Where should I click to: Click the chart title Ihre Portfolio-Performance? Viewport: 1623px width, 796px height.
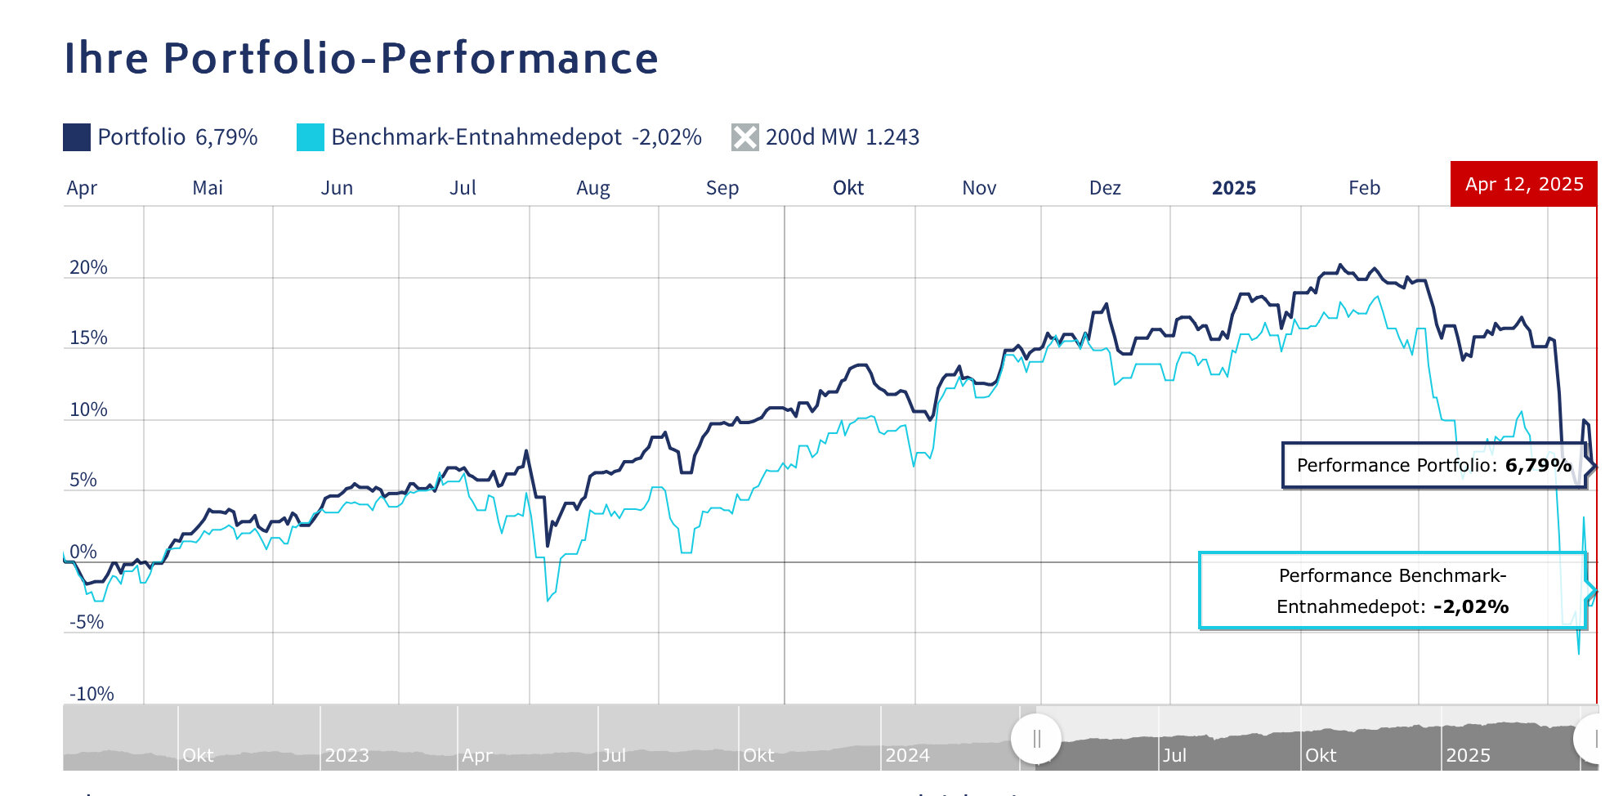360,58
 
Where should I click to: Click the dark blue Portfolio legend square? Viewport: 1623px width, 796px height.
77,137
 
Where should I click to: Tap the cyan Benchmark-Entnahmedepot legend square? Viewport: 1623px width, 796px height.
311,137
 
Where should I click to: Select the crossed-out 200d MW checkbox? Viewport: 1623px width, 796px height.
744,137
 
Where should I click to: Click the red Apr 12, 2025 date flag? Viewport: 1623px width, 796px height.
1523,184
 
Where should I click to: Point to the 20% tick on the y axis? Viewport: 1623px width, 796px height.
88,267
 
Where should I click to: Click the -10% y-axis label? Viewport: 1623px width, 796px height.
92,694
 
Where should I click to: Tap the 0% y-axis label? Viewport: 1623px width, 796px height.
83,552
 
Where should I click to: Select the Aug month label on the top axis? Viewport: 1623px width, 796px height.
592,188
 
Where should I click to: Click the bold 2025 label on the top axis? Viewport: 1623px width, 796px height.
1233,188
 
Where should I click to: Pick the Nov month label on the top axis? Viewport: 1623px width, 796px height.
979,188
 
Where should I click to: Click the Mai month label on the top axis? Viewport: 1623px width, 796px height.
208,188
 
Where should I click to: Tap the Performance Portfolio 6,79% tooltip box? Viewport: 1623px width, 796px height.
1433,466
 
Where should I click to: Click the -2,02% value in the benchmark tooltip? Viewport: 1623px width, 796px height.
1471,606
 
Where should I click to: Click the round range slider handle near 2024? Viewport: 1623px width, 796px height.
1036,739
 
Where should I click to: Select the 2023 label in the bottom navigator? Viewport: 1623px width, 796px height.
347,755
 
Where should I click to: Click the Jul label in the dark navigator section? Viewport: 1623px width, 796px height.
1174,755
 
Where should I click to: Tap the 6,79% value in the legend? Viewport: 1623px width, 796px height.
226,137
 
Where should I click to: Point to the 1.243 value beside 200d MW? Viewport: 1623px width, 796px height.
892,137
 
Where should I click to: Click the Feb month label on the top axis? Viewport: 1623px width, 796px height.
1364,188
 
